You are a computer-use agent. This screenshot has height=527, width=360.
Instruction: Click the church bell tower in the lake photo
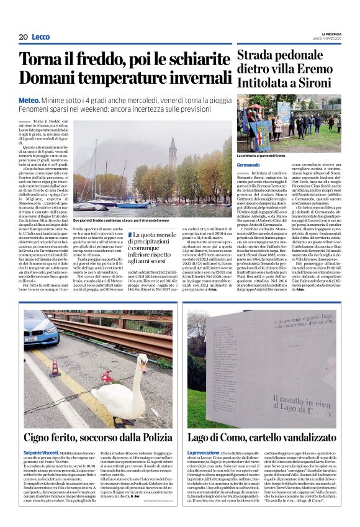point(172,152)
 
